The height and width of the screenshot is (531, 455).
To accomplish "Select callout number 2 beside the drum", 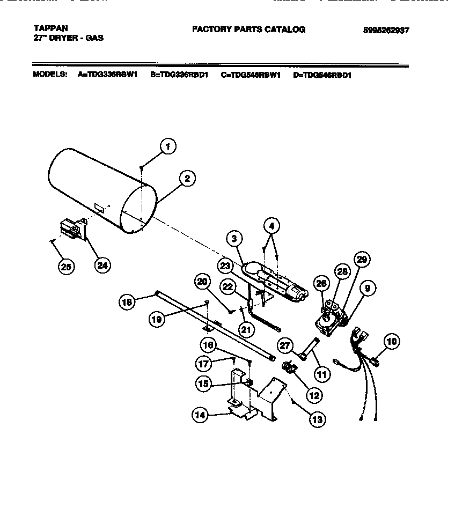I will click(187, 179).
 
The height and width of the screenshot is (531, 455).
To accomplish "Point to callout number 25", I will click(66, 267).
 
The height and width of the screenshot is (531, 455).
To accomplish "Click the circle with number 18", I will click(127, 302).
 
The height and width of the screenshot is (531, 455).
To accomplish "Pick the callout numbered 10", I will click(392, 341).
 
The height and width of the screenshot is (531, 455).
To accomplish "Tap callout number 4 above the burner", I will click(272, 226).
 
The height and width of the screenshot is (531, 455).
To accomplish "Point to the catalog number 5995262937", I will click(386, 31).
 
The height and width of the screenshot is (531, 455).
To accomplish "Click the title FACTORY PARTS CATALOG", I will click(248, 29).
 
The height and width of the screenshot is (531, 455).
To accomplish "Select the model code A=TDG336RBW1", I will click(108, 75).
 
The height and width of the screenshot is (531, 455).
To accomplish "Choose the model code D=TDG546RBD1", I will click(322, 75).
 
